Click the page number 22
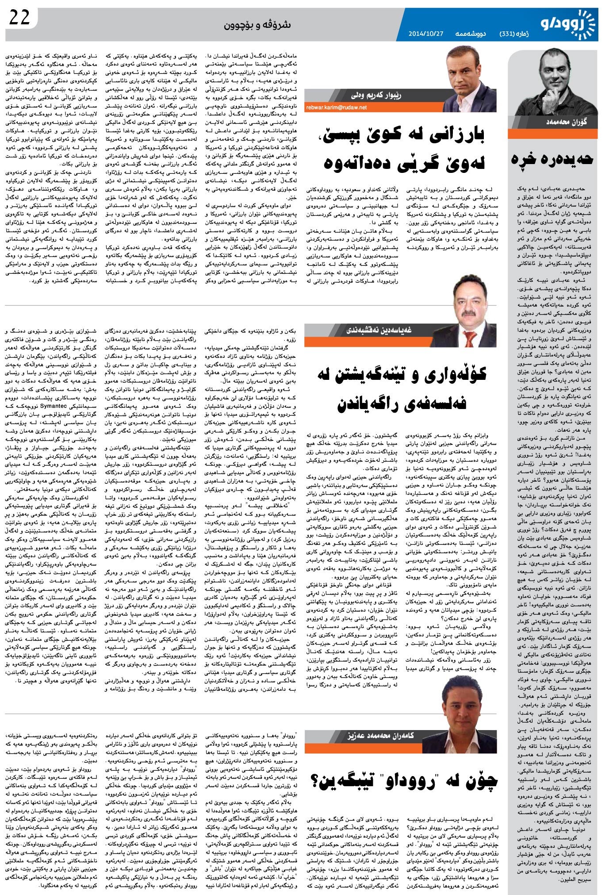[x=19, y=17]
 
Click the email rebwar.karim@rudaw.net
[x=336, y=107]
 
